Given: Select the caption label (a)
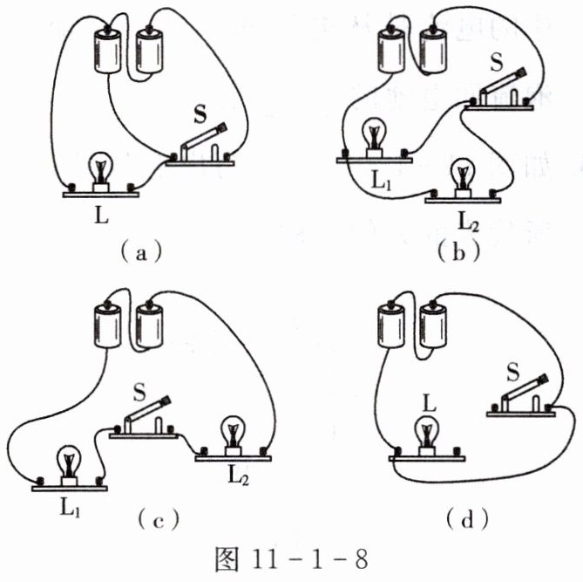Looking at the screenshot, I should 139,252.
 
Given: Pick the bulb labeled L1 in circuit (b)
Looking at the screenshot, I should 373,139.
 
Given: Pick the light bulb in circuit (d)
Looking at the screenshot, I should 427,435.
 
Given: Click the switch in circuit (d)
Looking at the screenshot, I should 520,392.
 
